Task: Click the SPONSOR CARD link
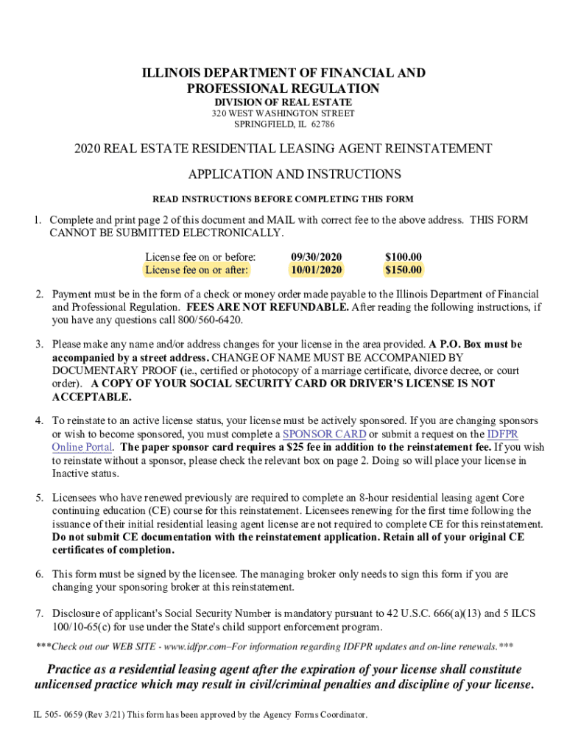(325, 434)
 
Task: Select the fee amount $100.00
(404, 257)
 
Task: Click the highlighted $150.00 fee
(404, 270)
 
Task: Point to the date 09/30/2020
(317, 257)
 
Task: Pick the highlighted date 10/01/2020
(317, 270)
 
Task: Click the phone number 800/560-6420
(210, 320)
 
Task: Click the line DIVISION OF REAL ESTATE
(283, 102)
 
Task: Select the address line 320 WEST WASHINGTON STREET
(283, 113)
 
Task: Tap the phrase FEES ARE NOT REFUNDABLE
(268, 307)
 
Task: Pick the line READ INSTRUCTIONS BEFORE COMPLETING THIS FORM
(283, 199)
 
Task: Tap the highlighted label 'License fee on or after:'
(197, 270)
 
